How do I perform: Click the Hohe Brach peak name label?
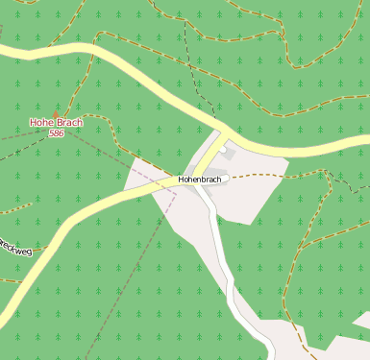point(56,123)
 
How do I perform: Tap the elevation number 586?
point(56,133)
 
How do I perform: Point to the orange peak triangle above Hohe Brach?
point(57,113)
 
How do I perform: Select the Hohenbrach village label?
point(200,180)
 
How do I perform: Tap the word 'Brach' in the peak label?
point(68,123)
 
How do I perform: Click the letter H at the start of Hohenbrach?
point(182,180)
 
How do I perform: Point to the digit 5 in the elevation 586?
point(51,133)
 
